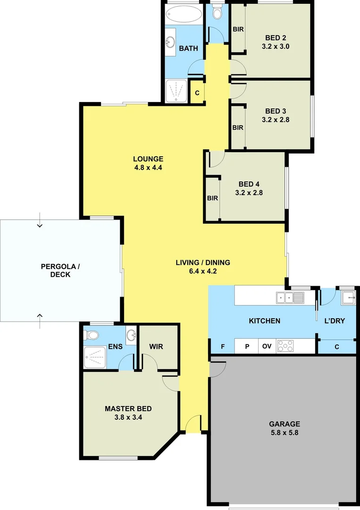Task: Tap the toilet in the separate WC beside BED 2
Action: click(x=217, y=13)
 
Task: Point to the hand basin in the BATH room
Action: click(x=170, y=43)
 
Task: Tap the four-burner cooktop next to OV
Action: click(x=285, y=347)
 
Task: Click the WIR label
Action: click(x=156, y=347)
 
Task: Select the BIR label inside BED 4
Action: click(x=212, y=198)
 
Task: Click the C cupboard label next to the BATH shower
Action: click(x=197, y=93)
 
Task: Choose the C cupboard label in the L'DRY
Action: click(x=336, y=347)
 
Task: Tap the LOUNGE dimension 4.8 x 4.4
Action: click(x=148, y=167)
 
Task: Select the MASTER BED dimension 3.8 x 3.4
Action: click(x=128, y=417)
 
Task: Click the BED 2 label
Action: click(x=276, y=38)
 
